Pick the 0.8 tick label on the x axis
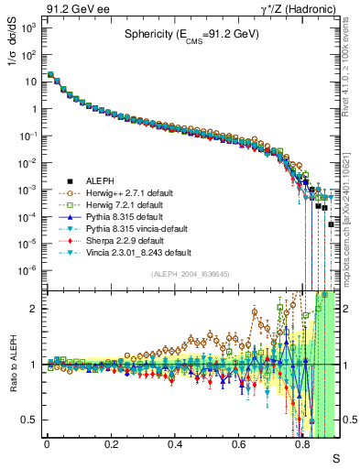[x=302, y=445]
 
